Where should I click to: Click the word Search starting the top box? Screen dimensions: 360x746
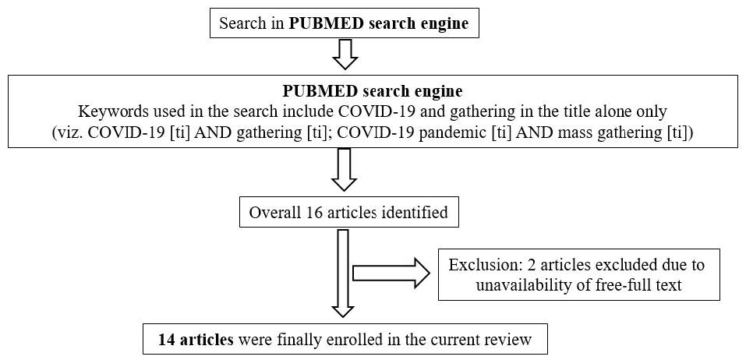[x=240, y=23]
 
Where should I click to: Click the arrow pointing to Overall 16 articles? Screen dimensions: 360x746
[x=344, y=169]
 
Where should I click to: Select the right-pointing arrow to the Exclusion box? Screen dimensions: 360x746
[x=391, y=273]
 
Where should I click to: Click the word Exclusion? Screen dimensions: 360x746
[x=480, y=265]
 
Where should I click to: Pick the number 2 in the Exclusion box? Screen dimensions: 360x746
[x=521, y=265]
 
